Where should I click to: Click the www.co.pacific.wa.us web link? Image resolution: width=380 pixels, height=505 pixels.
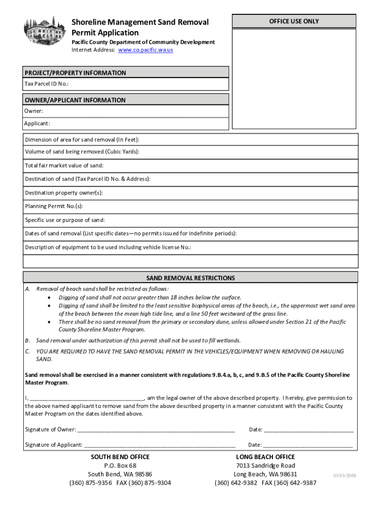coord(148,50)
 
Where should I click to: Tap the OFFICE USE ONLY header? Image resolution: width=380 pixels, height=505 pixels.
coord(294,21)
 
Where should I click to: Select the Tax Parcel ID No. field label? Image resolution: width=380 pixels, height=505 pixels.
coord(43,84)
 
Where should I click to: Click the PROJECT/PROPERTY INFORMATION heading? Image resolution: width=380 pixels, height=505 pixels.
coord(76,73)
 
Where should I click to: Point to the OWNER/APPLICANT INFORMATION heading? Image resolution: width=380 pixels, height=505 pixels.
coord(76,100)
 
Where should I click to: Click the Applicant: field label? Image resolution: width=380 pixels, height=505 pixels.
coord(38,123)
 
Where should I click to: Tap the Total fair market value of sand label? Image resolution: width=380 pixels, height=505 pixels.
coord(64,166)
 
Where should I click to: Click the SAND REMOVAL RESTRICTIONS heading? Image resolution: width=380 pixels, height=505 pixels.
coord(190,278)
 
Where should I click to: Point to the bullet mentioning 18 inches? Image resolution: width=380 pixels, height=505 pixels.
coord(150,297)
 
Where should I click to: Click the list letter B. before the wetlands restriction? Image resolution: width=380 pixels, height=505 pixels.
coord(28,340)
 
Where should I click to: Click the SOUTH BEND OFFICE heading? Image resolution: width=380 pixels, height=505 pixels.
coord(120,457)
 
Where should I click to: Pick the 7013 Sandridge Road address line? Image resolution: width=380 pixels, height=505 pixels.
coord(266,466)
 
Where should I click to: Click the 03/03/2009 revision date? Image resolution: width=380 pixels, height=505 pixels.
coord(344,475)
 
